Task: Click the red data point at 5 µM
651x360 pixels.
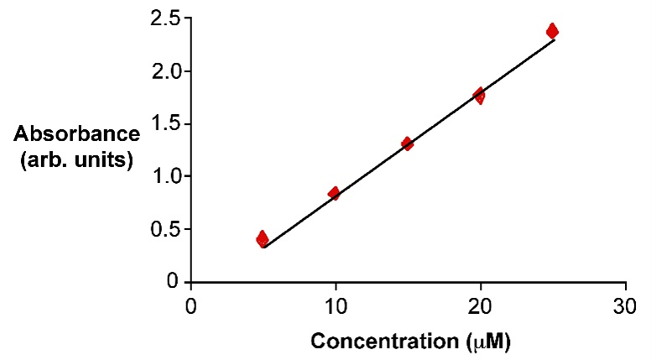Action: (263, 239)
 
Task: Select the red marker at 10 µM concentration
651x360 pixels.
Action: (334, 193)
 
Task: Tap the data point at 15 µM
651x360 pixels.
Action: (407, 143)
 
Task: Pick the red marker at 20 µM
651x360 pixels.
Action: (479, 96)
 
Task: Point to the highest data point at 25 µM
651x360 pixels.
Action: (552, 31)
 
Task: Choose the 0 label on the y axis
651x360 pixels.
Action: (172, 281)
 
